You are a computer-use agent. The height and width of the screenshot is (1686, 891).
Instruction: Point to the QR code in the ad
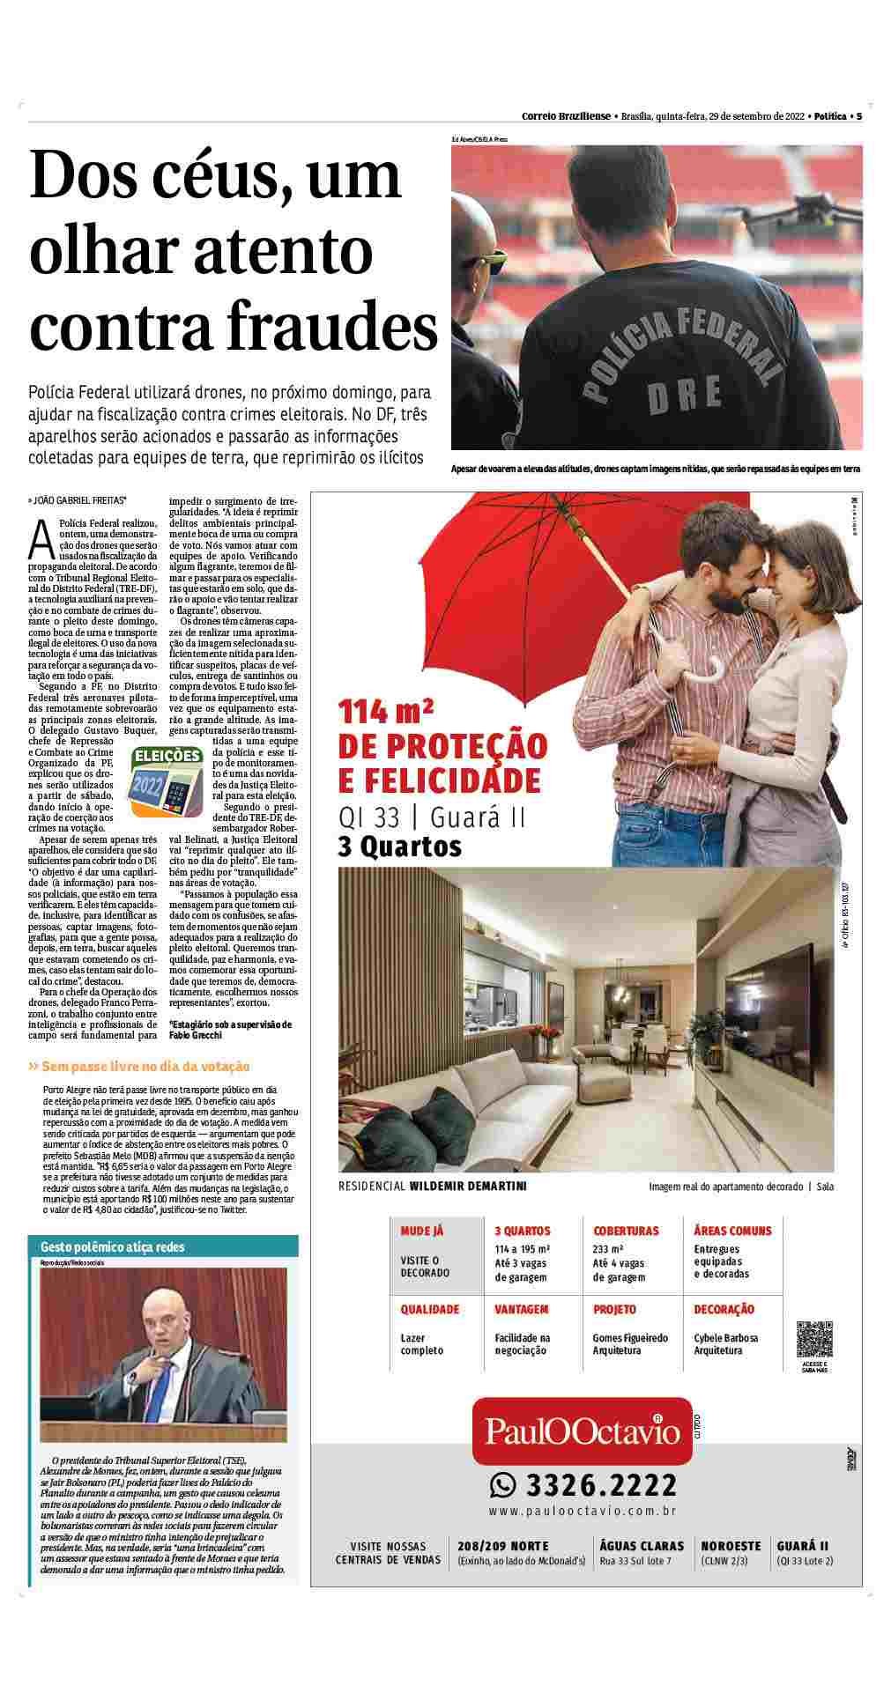click(x=814, y=1340)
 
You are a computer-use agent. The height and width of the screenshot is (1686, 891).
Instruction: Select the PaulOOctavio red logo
click(x=583, y=1432)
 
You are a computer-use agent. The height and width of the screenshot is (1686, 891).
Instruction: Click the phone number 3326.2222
click(x=601, y=1486)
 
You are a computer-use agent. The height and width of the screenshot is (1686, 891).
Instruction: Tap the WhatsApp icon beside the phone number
click(x=502, y=1486)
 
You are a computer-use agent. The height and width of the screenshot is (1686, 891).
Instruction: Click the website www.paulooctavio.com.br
click(x=583, y=1511)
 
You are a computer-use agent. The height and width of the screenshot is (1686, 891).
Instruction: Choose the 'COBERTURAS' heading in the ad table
click(x=626, y=1231)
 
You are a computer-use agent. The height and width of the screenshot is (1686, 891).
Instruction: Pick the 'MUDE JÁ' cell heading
click(x=422, y=1231)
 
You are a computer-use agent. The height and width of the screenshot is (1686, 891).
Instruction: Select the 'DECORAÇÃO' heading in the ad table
click(x=724, y=1310)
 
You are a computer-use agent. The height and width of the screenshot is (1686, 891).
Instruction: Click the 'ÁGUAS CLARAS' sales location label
click(x=642, y=1546)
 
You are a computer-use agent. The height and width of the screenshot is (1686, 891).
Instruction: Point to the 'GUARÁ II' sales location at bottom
click(x=803, y=1546)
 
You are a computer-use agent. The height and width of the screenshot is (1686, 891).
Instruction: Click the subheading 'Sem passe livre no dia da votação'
click(x=145, y=1067)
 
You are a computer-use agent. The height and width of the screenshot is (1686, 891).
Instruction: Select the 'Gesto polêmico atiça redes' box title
click(x=100, y=1247)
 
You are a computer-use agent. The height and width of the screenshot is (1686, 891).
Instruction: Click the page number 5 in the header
click(x=858, y=115)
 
